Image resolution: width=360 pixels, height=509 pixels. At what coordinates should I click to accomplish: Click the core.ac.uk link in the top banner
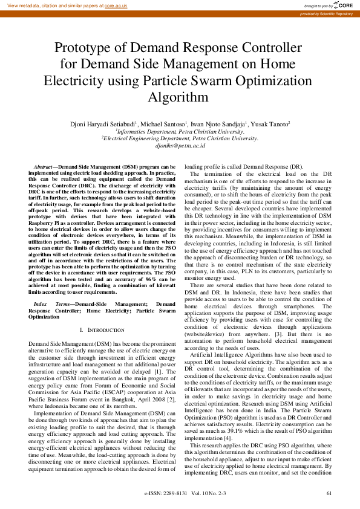pos(116,5)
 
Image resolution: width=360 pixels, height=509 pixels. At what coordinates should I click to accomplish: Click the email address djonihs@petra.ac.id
pos(180,146)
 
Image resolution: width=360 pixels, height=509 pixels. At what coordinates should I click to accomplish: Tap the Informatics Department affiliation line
pos(180,131)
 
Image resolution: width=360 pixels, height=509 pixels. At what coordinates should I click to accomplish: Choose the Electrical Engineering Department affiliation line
pos(180,138)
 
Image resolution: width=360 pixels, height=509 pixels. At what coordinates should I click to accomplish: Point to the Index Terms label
pos(51,304)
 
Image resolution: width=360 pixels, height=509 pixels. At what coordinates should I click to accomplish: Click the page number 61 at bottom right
pos(329,494)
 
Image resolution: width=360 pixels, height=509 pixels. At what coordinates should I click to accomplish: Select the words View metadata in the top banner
pos(20,5)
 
